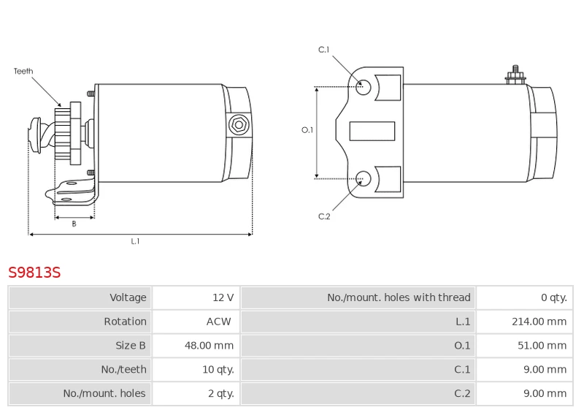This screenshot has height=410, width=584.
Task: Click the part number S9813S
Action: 34,273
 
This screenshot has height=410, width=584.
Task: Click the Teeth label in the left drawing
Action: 23,72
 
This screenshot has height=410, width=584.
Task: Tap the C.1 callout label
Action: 324,50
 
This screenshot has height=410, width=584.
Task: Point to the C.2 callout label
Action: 324,216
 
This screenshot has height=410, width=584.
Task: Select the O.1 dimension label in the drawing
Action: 307,130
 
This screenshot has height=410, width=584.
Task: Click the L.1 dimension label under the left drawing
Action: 135,241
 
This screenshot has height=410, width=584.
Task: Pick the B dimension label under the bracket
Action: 74,224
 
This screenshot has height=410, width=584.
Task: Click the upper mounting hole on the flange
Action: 364,87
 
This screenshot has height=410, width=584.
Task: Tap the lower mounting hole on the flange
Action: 364,176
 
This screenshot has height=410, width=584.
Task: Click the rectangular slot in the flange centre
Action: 372,132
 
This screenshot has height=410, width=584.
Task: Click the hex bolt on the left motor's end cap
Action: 238,125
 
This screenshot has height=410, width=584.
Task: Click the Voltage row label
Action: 128,297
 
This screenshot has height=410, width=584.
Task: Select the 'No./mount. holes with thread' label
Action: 399,297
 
